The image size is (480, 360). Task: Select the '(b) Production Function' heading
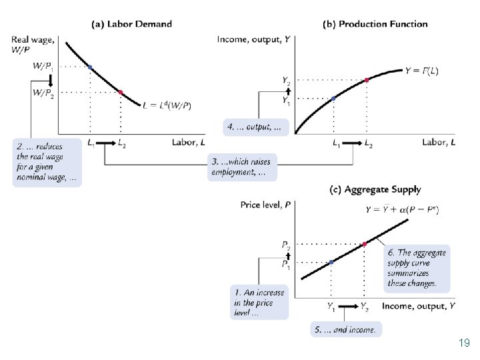click(x=375, y=24)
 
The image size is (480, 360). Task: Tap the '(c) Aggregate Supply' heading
click(x=375, y=189)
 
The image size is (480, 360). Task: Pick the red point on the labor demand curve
click(x=120, y=92)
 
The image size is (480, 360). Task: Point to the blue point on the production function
click(x=334, y=98)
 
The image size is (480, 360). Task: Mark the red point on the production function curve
click(x=367, y=80)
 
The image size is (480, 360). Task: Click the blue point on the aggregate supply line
click(x=331, y=262)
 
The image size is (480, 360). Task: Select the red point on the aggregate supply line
click(x=365, y=244)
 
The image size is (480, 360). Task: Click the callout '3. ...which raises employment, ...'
click(x=242, y=167)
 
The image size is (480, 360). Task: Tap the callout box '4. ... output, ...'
click(x=256, y=126)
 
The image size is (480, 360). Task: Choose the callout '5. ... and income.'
click(x=345, y=329)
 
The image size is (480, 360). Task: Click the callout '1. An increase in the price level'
click(x=259, y=302)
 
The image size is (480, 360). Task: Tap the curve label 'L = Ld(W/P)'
click(x=167, y=105)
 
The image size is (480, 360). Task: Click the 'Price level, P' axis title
click(x=265, y=205)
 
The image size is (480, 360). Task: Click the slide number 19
click(x=464, y=343)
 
